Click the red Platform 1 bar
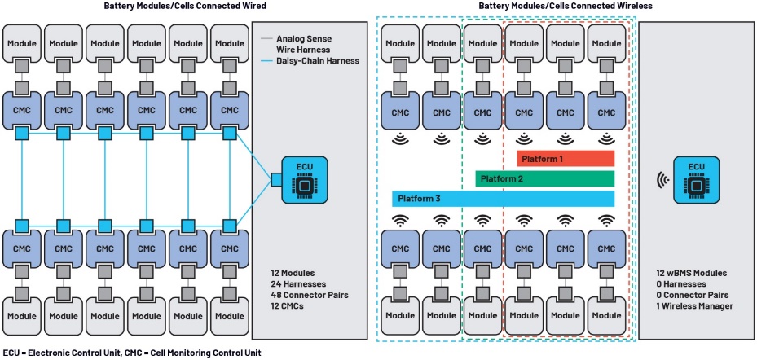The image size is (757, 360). pos(565,158)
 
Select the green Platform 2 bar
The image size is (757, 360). pos(544,178)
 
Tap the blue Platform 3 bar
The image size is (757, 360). pos(503,199)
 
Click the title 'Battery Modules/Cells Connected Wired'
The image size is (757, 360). pos(185,6)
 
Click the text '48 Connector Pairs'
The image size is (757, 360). pos(306,296)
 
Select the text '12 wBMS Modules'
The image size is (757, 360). pos(691,273)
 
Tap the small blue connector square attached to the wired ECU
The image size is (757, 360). pos(277,180)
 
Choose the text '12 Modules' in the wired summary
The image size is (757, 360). pos(293,273)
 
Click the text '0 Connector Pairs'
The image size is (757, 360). pos(693,296)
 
